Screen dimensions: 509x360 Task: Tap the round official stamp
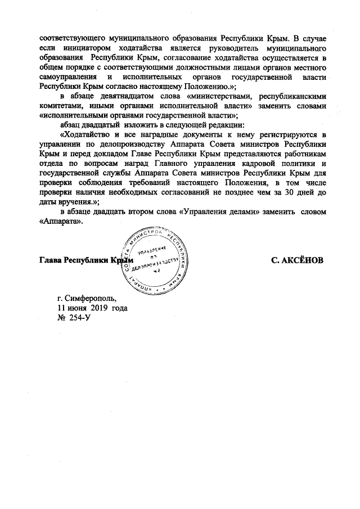click(x=158, y=259)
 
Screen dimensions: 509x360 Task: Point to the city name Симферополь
click(x=90, y=298)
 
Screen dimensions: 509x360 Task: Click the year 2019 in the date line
click(x=97, y=308)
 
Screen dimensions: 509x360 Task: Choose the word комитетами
click(x=62, y=106)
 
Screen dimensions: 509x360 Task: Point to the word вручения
click(x=78, y=201)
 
